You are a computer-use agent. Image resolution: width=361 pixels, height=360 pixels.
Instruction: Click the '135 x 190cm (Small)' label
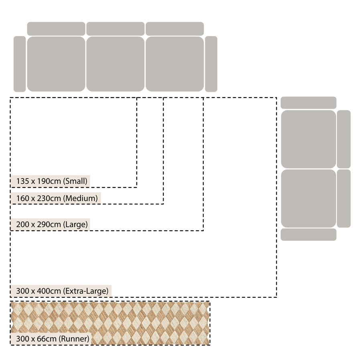[x=52, y=181]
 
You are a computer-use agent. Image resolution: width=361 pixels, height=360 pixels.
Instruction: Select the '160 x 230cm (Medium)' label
[x=57, y=198]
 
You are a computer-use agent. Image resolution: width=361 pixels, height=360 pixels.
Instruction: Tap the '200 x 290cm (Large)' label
[x=52, y=224]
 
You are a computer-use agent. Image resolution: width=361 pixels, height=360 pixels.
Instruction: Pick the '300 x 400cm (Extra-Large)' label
[x=62, y=291]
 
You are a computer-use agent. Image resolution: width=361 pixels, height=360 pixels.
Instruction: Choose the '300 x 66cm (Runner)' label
[x=53, y=339]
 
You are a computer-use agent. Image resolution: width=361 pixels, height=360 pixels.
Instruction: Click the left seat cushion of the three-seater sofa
[x=56, y=64]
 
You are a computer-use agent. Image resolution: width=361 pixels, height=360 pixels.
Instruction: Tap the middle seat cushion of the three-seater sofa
[x=116, y=64]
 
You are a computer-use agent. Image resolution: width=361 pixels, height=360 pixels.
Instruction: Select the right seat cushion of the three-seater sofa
[x=175, y=64]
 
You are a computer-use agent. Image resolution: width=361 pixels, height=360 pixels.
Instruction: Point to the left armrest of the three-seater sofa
[x=20, y=64]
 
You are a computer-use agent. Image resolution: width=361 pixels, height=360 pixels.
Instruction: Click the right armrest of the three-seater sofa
[x=211, y=64]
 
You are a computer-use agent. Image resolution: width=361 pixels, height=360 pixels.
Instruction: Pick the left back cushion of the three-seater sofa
[x=56, y=29]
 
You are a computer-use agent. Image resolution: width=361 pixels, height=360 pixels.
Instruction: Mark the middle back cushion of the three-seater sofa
[x=116, y=29]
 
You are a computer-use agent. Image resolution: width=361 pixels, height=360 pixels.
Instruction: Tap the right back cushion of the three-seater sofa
[x=175, y=29]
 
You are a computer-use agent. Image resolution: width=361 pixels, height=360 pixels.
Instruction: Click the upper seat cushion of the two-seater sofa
[x=308, y=139]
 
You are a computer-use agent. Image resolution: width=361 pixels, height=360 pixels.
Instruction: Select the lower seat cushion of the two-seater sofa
[x=308, y=199]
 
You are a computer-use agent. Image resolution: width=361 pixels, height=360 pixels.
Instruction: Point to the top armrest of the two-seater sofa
[x=308, y=103]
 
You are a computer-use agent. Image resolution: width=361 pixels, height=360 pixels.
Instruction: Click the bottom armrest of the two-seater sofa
[x=308, y=235]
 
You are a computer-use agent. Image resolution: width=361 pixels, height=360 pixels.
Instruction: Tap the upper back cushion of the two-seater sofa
[x=344, y=139]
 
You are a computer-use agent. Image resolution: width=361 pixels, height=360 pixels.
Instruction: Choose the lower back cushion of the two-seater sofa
[x=344, y=199]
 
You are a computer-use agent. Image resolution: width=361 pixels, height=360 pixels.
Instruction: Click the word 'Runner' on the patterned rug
[x=74, y=339]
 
